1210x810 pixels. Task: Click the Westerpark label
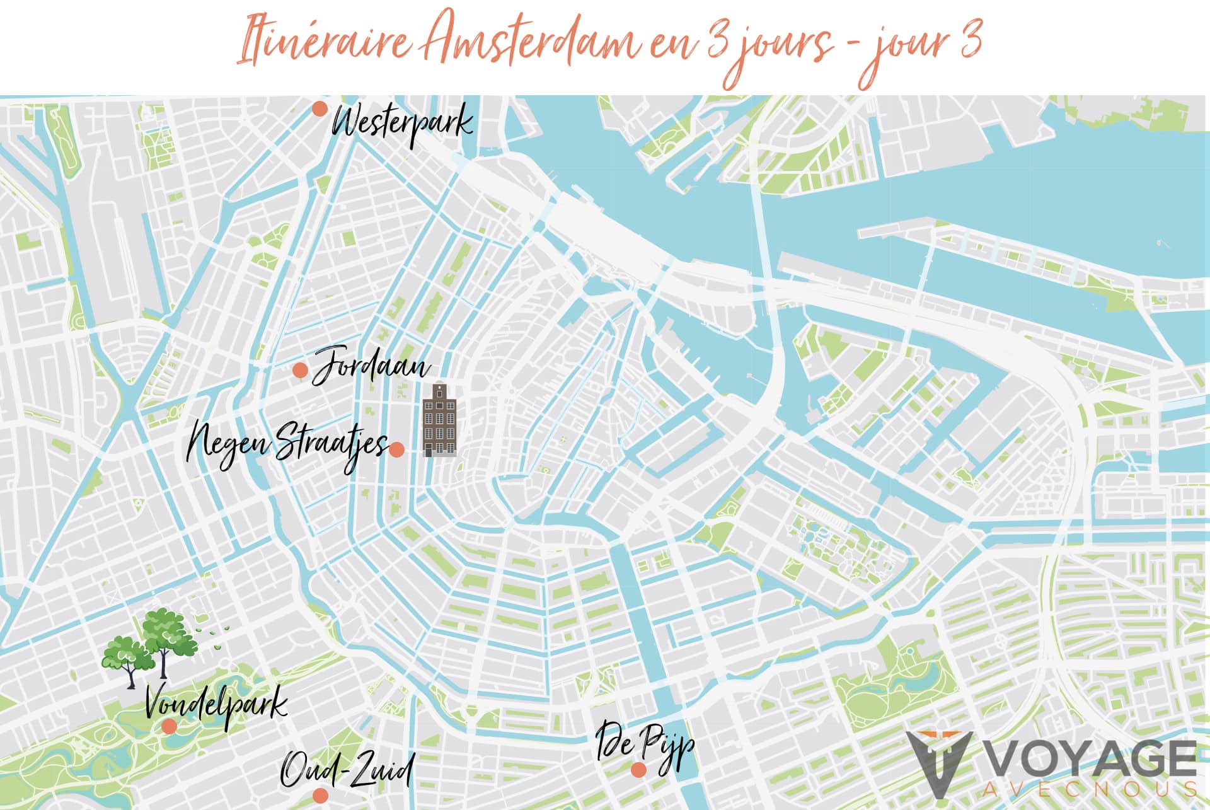tap(402, 124)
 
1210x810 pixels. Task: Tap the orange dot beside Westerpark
tap(320, 108)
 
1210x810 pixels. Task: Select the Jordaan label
tap(372, 365)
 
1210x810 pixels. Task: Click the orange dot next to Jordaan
tap(301, 370)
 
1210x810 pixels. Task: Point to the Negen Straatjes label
tap(287, 444)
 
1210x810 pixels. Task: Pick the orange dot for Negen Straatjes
tap(396, 449)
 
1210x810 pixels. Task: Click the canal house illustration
tap(439, 420)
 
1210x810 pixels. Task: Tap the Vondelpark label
tap(216, 704)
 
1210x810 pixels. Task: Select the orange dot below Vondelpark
tap(169, 726)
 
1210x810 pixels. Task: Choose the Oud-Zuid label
tap(347, 770)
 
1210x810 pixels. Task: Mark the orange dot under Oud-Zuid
tap(320, 795)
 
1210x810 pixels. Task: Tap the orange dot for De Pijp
tap(638, 770)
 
